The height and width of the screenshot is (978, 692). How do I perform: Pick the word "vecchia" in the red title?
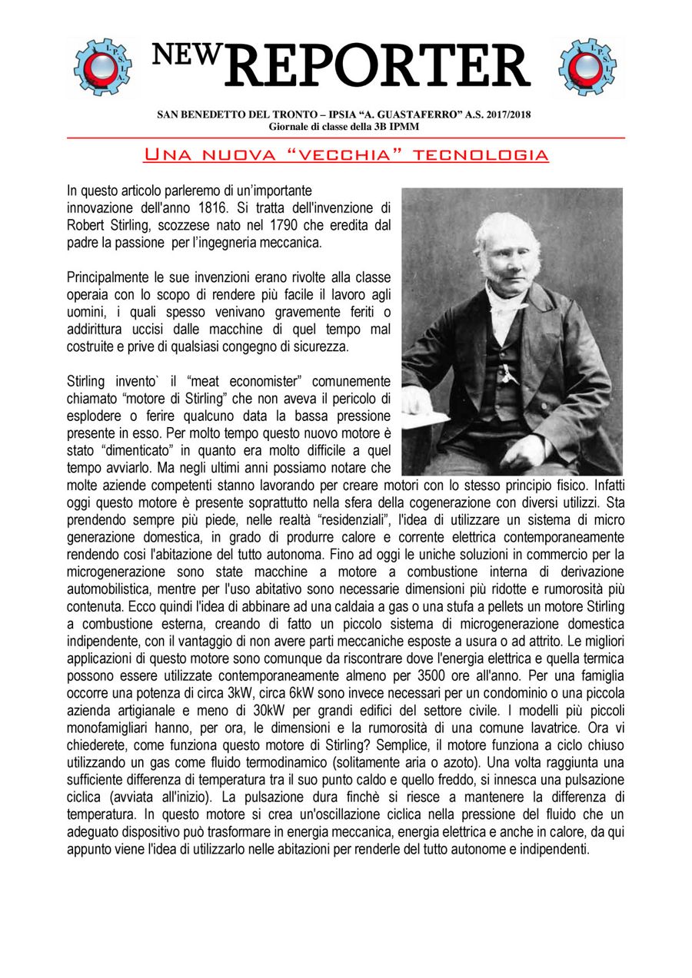tap(346, 154)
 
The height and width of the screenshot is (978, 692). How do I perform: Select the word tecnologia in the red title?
tap(481, 154)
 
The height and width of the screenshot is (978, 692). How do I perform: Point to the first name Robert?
tap(85, 225)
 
